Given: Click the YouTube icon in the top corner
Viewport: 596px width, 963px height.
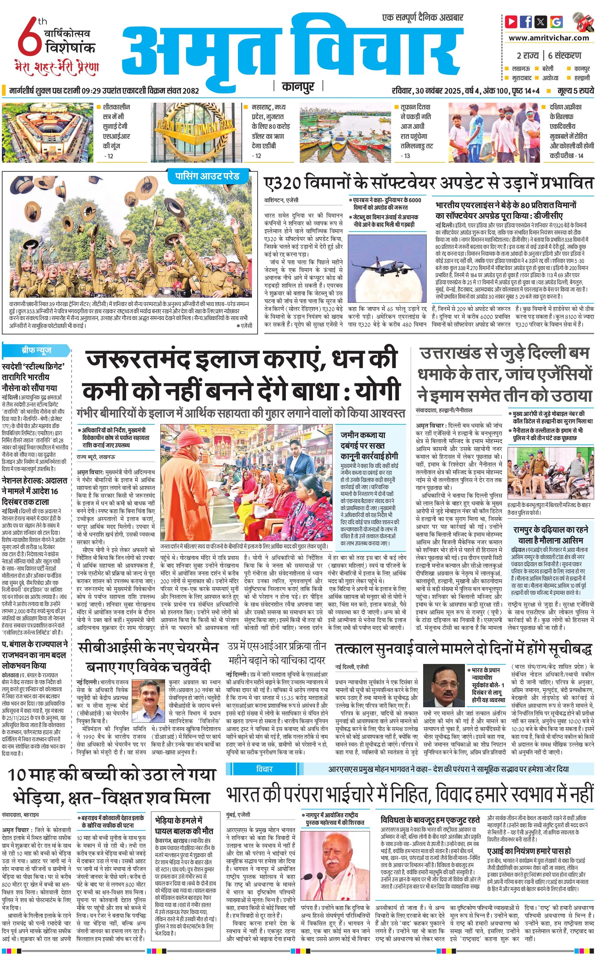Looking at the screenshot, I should point(511,21).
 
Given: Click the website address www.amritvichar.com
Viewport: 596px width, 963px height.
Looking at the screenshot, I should point(549,38).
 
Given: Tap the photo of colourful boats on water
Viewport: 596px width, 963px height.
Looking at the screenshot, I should point(344,132).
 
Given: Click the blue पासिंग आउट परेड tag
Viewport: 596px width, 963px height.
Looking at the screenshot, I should point(207,176).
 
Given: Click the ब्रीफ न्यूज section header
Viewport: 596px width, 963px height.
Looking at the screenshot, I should point(36,350).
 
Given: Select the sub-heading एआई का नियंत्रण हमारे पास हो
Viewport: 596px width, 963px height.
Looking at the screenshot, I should point(529,850).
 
